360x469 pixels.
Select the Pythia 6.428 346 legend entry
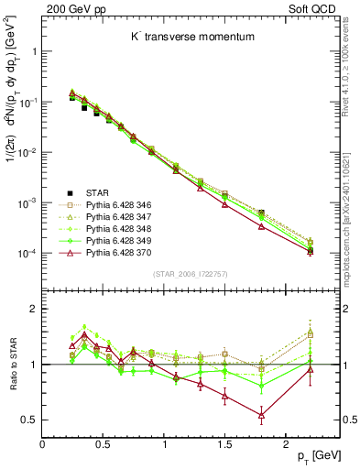pyautogui.click(x=121, y=205)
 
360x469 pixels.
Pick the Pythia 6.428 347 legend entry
pyautogui.click(x=121, y=217)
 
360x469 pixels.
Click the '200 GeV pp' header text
pyautogui.click(x=71, y=7)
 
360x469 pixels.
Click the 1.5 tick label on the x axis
pyautogui.click(x=224, y=443)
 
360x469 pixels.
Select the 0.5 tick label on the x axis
pyautogui.click(x=103, y=443)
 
